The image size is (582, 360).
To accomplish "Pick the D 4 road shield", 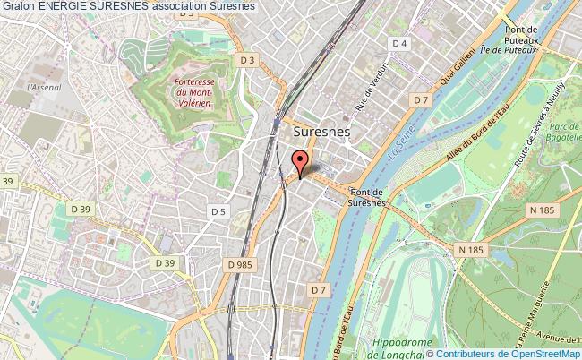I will click(x=400, y=43).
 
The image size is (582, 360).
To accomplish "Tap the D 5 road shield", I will click(x=217, y=211).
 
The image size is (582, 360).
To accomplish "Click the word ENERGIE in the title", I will click(x=64, y=6).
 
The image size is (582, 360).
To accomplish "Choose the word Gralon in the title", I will click(x=18, y=6).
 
